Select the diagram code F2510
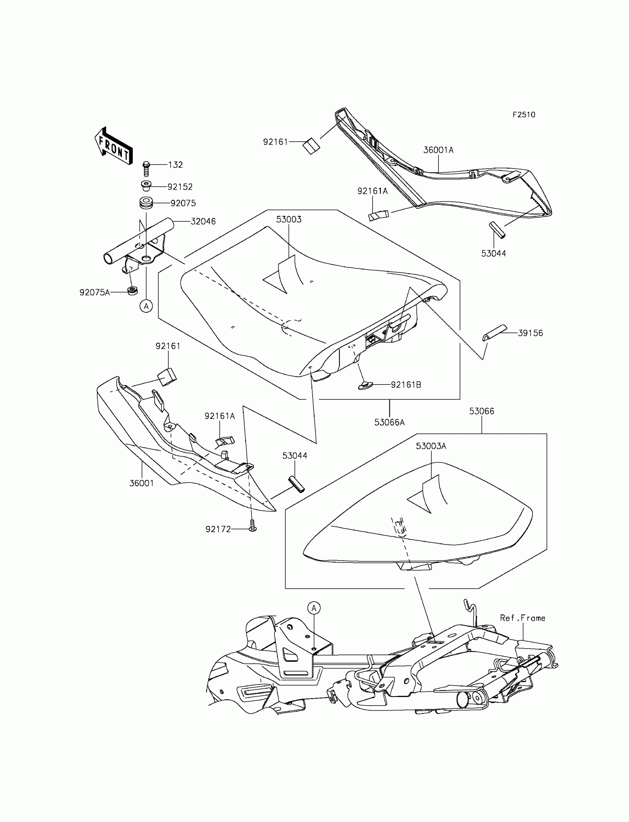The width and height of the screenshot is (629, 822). [x=524, y=115]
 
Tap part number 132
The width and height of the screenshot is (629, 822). [x=175, y=165]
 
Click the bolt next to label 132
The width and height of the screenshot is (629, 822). [x=147, y=169]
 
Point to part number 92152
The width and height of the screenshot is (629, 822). [x=180, y=187]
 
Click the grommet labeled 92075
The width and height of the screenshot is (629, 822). [x=146, y=203]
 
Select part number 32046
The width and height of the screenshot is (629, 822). [x=203, y=221]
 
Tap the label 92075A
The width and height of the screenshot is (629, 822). [x=95, y=292]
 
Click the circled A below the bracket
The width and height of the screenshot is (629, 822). [x=146, y=307]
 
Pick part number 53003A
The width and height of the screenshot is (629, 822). [x=431, y=446]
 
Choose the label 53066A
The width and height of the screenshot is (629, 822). [x=389, y=422]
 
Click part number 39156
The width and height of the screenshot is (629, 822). [x=530, y=333]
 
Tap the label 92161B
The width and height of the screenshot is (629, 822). [x=406, y=385]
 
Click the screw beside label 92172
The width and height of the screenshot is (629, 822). [x=253, y=527]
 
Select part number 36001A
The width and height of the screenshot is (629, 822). [x=438, y=150]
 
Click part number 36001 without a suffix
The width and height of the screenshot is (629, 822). [x=141, y=483]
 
